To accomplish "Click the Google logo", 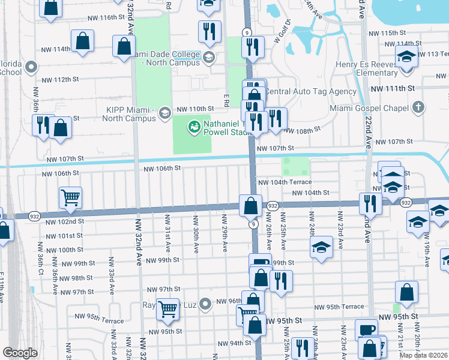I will pos(19,353).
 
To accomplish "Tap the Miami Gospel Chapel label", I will pos(369,108).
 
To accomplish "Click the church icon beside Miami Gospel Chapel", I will pos(418,107).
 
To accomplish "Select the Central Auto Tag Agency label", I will pos(311,92).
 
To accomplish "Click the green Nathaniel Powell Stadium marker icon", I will pos(194,126).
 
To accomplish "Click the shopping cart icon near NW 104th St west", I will pos(70,197).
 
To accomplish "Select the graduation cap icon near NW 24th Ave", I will pos(321,246).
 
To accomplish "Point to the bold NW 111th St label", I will pos(393,88).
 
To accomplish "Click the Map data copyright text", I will pos(423,355).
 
